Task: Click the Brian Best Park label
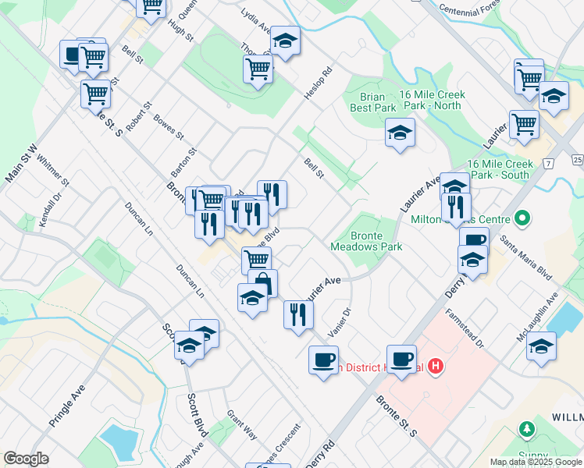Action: pyautogui.click(x=373, y=102)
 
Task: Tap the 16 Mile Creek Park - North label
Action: pyautogui.click(x=432, y=100)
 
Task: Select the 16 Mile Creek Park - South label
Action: pyautogui.click(x=500, y=169)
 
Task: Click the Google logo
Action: pyautogui.click(x=26, y=459)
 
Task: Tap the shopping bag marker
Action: pyautogui.click(x=263, y=283)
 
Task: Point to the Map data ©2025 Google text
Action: pyautogui.click(x=535, y=462)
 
